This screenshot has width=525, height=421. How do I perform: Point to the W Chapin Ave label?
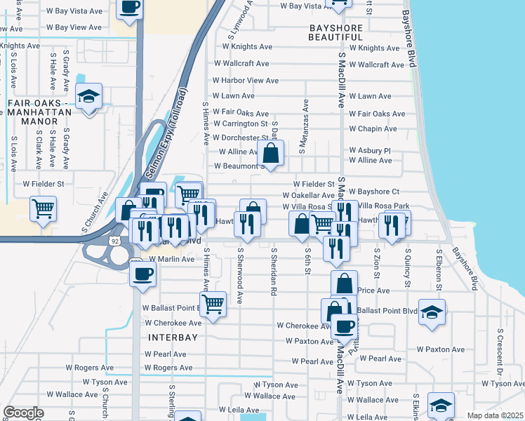377,129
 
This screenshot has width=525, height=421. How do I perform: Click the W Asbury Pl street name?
369,151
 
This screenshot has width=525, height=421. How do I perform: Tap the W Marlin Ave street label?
169,259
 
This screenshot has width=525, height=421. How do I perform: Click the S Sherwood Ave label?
240,275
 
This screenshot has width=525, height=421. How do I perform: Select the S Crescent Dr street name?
500,350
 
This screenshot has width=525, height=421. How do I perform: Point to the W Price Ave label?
373,290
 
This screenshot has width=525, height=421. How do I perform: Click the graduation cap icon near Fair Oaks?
89,96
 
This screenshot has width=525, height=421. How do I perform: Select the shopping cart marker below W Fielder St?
44,208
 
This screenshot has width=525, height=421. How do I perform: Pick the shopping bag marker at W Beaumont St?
271,152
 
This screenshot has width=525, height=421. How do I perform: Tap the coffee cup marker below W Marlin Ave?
142,273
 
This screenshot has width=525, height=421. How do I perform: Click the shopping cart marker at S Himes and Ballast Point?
213,304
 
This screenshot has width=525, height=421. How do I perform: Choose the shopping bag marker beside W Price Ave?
344,283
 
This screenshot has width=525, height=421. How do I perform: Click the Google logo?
23,413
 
